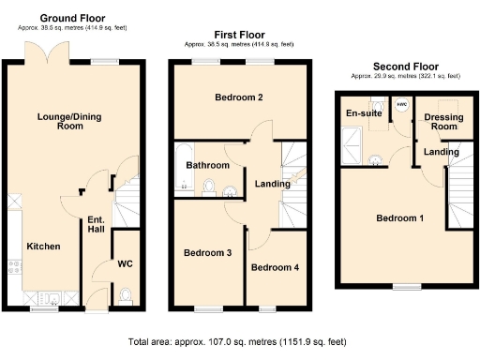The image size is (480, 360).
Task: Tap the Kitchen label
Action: (43, 247)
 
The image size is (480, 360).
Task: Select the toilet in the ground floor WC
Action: (126, 295)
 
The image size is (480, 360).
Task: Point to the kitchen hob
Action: (14, 272)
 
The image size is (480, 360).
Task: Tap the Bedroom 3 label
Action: (206, 252)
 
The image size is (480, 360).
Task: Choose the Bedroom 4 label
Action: (276, 267)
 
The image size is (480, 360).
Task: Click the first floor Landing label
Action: (273, 184)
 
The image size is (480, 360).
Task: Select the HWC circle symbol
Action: (401, 105)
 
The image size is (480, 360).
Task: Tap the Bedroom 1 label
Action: (400, 218)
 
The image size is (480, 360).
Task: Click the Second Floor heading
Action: (405, 67)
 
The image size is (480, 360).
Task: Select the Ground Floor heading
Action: (73, 18)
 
